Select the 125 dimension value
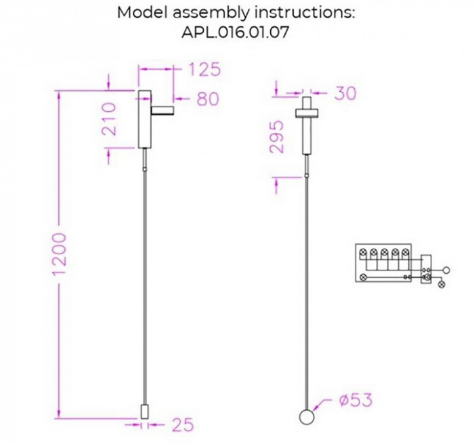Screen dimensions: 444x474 tap(204, 69)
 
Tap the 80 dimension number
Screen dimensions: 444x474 tap(208, 99)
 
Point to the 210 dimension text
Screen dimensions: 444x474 tap(108, 119)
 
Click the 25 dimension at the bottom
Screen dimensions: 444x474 tap(181, 425)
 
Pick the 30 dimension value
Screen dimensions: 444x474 tap(345, 94)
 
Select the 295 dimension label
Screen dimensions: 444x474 tap(276, 138)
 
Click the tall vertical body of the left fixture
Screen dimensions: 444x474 tap(145, 119)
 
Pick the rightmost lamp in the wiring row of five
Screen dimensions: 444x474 tap(405, 254)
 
